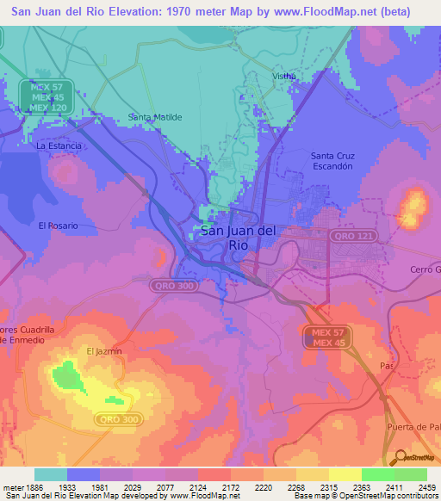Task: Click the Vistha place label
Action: [284, 76]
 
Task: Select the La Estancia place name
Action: [59, 146]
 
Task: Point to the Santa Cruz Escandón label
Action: [332, 161]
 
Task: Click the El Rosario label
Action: [59, 226]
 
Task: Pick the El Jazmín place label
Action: [103, 351]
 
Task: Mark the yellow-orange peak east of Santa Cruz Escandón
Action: [413, 207]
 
